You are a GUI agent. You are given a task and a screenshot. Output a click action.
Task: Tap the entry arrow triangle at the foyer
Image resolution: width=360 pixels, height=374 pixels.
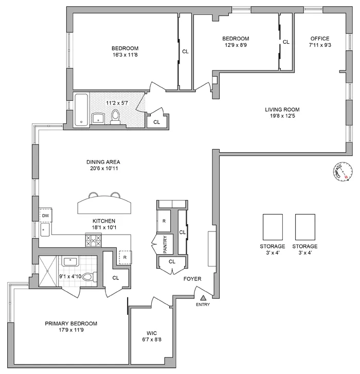[203, 297]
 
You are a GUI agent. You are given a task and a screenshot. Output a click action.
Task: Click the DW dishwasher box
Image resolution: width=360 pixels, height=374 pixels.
[45, 216]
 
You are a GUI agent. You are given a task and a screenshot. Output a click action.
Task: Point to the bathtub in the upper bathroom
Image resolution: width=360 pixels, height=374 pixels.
[81, 111]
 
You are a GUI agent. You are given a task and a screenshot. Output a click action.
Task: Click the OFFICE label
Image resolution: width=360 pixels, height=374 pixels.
[319, 39]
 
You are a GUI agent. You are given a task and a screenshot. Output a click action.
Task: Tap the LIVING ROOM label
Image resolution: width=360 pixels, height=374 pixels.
[282, 110]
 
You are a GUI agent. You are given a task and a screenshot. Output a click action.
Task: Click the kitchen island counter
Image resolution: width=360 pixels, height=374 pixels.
[104, 206]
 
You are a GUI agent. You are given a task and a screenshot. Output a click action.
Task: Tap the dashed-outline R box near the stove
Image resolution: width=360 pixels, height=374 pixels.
[125, 257]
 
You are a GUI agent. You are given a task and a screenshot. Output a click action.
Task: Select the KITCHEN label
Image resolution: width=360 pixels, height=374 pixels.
[104, 221]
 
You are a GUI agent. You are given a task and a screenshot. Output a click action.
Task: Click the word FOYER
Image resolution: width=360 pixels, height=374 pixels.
[193, 279]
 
